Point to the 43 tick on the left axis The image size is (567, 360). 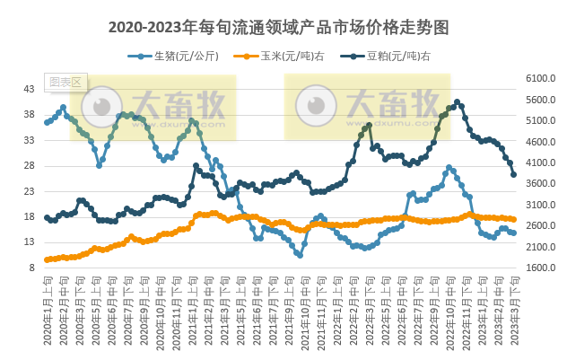click(x=29, y=89)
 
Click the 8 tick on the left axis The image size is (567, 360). click(x=31, y=268)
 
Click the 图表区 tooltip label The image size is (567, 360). click(x=65, y=82)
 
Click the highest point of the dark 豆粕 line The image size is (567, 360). click(x=458, y=102)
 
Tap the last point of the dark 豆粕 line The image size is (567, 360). click(x=513, y=175)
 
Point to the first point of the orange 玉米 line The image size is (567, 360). click(x=47, y=259)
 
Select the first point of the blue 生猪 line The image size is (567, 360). click(x=47, y=122)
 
